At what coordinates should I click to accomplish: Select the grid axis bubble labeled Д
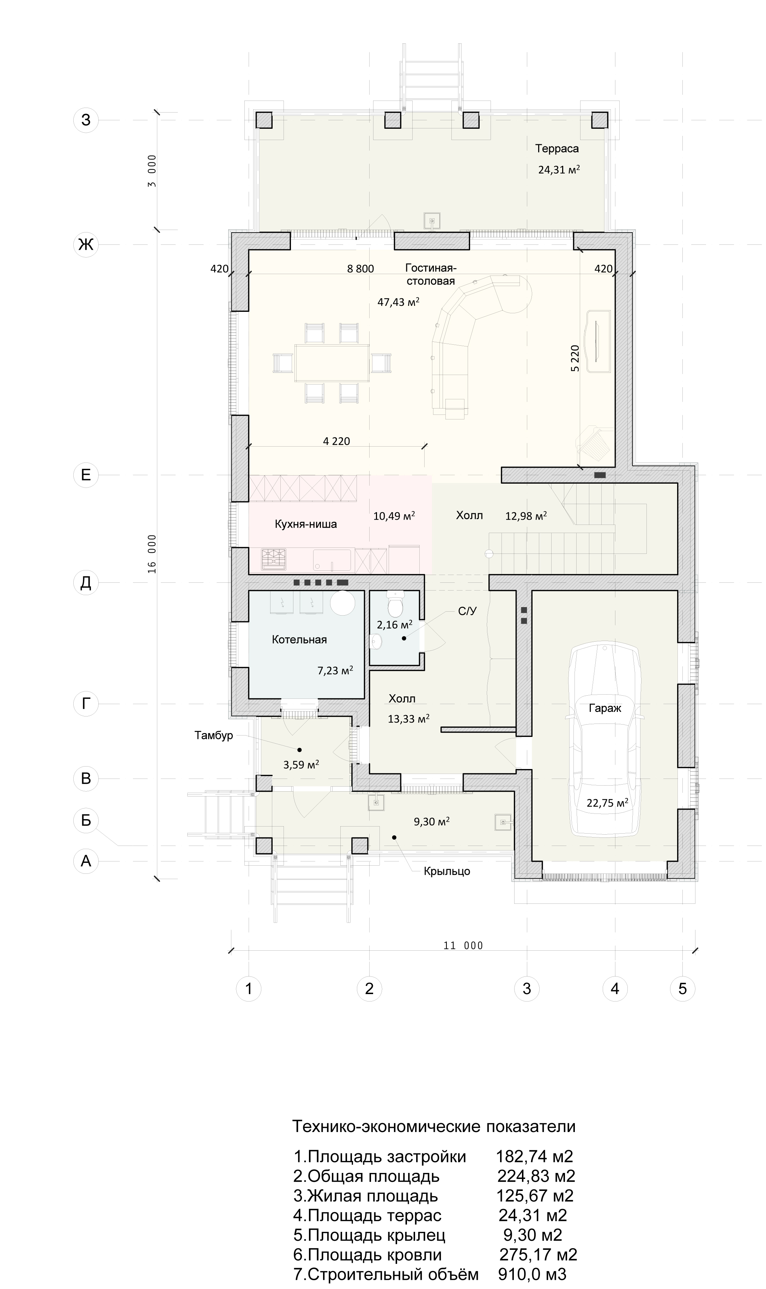86,583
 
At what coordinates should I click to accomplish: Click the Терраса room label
557,149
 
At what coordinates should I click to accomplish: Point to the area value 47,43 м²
398,302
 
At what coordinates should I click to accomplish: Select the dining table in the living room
332,363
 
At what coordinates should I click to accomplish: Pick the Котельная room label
299,640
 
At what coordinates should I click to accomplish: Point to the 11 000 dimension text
463,946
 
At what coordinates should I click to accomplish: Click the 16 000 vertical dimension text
152,554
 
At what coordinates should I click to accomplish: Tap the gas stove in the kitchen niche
274,559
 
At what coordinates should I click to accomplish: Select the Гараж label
605,708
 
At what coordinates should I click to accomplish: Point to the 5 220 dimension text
576,358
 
